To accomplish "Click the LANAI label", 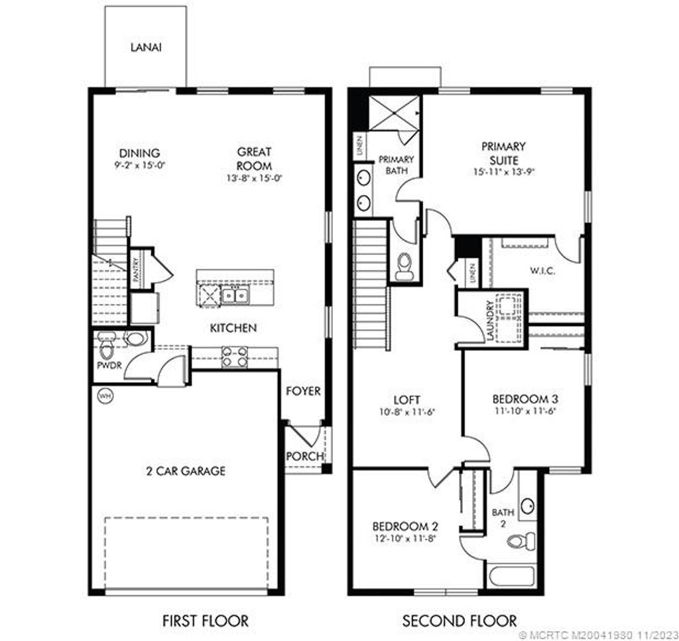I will [x=147, y=48].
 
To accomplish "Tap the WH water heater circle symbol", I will [x=104, y=396].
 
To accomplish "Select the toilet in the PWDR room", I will [x=107, y=344].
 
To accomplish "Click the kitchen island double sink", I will [x=234, y=296].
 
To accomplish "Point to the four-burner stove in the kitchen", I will [x=234, y=357].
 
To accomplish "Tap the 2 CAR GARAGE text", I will [x=186, y=471].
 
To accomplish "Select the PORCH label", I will [x=305, y=457].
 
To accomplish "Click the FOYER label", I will [x=303, y=392].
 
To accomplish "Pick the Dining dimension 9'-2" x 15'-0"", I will [x=140, y=165].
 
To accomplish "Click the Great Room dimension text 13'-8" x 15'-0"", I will [x=255, y=178].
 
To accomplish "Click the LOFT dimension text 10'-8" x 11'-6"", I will [x=407, y=411].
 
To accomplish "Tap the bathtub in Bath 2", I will [x=514, y=574].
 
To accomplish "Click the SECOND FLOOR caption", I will [x=460, y=621].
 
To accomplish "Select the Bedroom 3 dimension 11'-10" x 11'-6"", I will [x=525, y=411].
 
